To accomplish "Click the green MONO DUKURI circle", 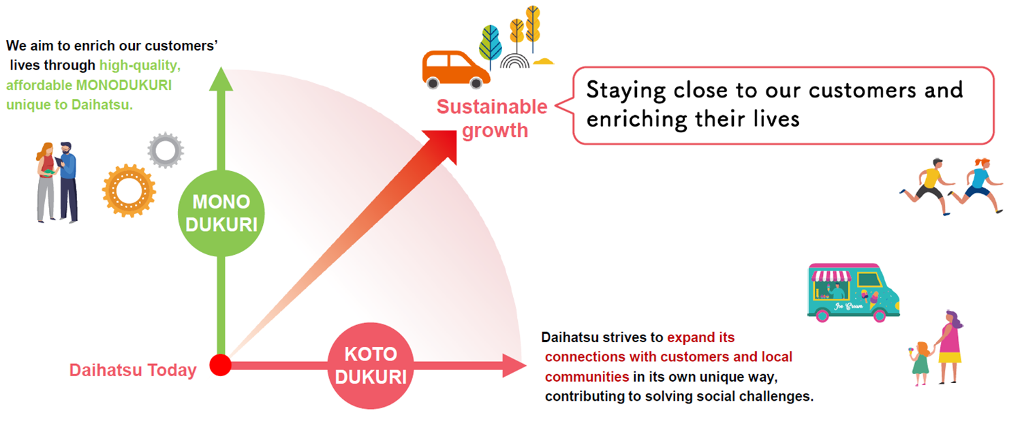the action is coord(221,213).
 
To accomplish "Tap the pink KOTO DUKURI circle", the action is coord(371,365).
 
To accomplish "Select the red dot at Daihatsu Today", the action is coord(220,365).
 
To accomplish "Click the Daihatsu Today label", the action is coord(133,370).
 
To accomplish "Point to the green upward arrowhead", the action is coord(221,79).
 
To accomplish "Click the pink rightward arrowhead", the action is coord(514,365).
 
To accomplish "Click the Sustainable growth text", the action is coord(493,119).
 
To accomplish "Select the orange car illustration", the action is coord(455,70).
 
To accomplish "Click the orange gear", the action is coord(129,190).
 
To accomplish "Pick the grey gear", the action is coord(166,150).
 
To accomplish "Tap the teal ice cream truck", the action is coord(853,292).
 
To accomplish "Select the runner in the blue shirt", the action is coord(978,185).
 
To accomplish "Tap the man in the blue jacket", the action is coord(68,182).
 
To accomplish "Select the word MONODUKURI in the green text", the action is coord(124,85).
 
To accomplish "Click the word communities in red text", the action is coord(587,377).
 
